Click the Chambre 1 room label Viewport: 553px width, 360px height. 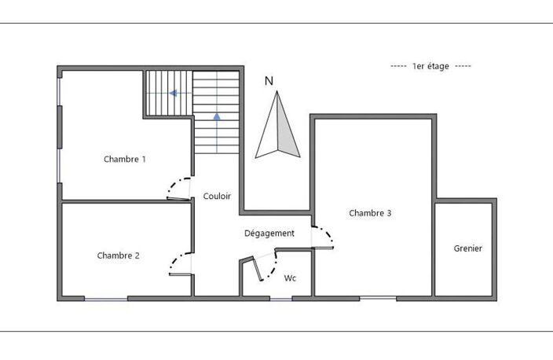point(124,160)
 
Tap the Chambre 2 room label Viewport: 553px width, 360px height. point(118,255)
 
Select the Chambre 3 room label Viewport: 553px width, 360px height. point(370,213)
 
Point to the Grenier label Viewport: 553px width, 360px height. point(467,248)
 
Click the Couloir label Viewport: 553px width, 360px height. point(217,197)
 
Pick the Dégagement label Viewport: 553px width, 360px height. point(269,233)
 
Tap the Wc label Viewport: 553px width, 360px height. point(290,278)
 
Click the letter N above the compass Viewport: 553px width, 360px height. point(269,81)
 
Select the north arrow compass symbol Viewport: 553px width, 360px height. point(277,124)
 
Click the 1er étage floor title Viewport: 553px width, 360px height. point(430,66)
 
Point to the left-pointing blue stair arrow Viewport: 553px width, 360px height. point(173,94)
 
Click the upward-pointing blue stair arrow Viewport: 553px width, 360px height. point(217,116)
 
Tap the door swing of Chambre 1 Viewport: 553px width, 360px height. point(179,189)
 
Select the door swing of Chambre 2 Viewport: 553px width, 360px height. point(180,263)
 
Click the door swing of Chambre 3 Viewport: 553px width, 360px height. point(322,237)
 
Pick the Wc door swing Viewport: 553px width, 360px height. point(266,266)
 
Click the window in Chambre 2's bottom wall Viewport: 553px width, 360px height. point(106,299)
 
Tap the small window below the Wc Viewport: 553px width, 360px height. point(281,299)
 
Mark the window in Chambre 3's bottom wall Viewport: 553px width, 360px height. point(378,299)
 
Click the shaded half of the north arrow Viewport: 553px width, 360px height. point(287,134)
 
